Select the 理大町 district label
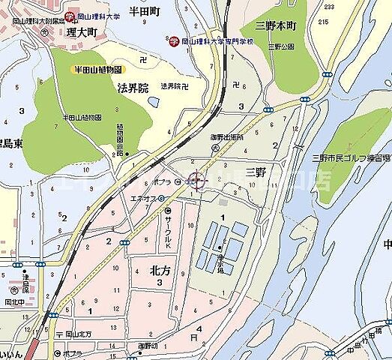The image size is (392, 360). pyautogui.click(x=80, y=33)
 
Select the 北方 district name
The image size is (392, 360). pyautogui.click(x=161, y=271)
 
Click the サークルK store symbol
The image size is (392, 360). pyautogui.click(x=167, y=211)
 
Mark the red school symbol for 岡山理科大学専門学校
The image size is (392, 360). pyautogui.click(x=173, y=42)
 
